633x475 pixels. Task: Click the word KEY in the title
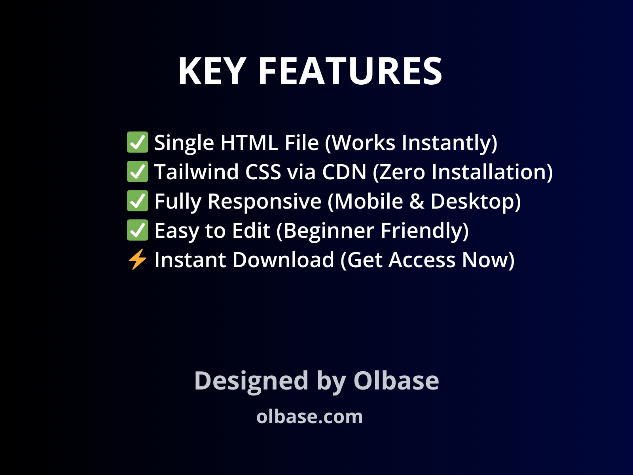pyautogui.click(x=212, y=71)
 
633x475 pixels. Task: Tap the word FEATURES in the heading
pyautogui.click(x=350, y=71)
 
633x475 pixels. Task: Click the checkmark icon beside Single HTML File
pyautogui.click(x=137, y=142)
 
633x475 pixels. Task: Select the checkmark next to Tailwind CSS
pyautogui.click(x=137, y=172)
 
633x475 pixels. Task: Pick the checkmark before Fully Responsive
pyautogui.click(x=137, y=201)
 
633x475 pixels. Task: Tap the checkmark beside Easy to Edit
pyautogui.click(x=137, y=230)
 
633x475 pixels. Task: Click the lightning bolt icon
pyautogui.click(x=137, y=260)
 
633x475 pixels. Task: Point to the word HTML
pyautogui.click(x=249, y=142)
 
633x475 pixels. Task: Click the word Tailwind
pyautogui.click(x=197, y=172)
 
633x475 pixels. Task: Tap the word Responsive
pyautogui.click(x=264, y=201)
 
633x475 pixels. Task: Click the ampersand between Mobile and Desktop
pyautogui.click(x=417, y=201)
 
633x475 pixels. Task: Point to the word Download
pyautogui.click(x=284, y=260)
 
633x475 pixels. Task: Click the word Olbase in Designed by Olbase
pyautogui.click(x=396, y=381)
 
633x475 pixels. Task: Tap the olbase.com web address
pyautogui.click(x=309, y=416)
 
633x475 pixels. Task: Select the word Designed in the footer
pyautogui.click(x=251, y=381)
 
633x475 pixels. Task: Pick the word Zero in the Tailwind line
pyautogui.click(x=400, y=172)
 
